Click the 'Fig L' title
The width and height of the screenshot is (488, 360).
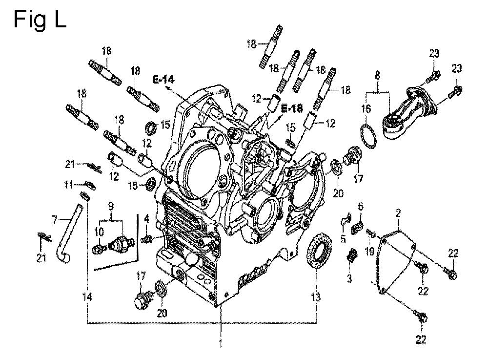[x=40, y=20]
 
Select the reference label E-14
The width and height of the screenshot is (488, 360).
[x=163, y=80]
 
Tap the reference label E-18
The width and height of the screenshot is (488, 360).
[x=292, y=108]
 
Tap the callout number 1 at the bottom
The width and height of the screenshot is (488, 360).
[x=221, y=344]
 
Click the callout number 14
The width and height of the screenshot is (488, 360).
[x=87, y=297]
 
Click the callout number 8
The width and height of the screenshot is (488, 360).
[x=378, y=75]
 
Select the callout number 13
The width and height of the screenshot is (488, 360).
[x=316, y=297]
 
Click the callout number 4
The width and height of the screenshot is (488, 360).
[x=146, y=218]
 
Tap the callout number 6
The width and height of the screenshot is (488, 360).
[x=361, y=206]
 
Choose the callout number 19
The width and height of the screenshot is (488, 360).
[x=369, y=251]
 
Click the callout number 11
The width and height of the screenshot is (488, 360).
[x=68, y=184]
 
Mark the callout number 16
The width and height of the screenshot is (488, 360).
[x=366, y=109]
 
